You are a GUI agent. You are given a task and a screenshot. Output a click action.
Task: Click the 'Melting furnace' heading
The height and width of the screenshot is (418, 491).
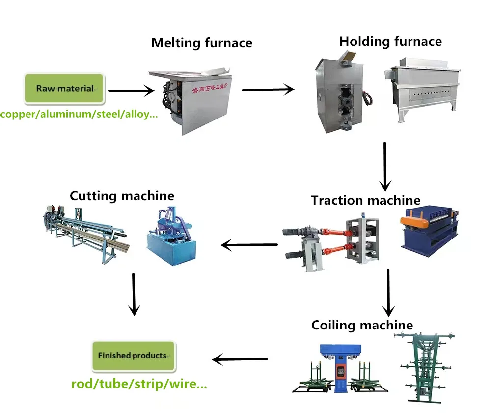click(x=202, y=43)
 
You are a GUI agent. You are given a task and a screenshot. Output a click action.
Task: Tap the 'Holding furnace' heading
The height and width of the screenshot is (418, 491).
click(x=390, y=41)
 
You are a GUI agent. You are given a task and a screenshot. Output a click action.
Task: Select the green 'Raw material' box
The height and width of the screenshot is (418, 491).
click(x=64, y=89)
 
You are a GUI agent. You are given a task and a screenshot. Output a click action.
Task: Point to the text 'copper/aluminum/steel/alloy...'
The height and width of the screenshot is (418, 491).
click(x=79, y=115)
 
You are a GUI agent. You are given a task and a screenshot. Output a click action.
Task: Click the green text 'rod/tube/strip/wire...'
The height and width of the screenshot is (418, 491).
click(x=139, y=384)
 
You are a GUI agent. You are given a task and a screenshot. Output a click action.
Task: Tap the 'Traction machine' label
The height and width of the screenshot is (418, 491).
click(x=365, y=200)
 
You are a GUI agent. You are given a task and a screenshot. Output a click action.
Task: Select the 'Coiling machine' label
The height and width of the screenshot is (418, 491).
click(x=362, y=325)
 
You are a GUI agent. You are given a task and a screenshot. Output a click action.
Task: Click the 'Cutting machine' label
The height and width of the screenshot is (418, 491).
click(x=122, y=196)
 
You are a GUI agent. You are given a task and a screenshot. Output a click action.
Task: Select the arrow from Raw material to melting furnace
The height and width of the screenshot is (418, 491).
click(x=131, y=90)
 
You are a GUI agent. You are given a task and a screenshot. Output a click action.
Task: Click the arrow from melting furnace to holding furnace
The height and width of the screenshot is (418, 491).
click(x=268, y=90)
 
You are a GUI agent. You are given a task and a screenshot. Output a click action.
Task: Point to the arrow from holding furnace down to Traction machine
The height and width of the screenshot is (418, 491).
click(x=385, y=166)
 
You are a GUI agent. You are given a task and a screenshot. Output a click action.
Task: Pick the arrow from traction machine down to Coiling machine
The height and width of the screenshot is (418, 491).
click(x=388, y=292)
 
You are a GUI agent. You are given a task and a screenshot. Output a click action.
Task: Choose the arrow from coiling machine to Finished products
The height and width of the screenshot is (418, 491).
click(x=240, y=359)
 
